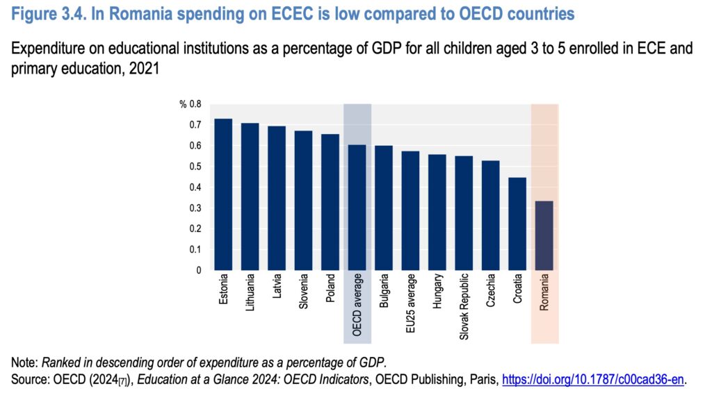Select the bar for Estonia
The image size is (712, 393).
223,194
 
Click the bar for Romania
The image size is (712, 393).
544,235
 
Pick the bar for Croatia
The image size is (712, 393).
518,224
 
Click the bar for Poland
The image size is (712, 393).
330,202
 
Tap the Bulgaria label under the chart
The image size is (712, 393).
384,295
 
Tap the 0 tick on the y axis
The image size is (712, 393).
198,270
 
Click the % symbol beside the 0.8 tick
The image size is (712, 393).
183,105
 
